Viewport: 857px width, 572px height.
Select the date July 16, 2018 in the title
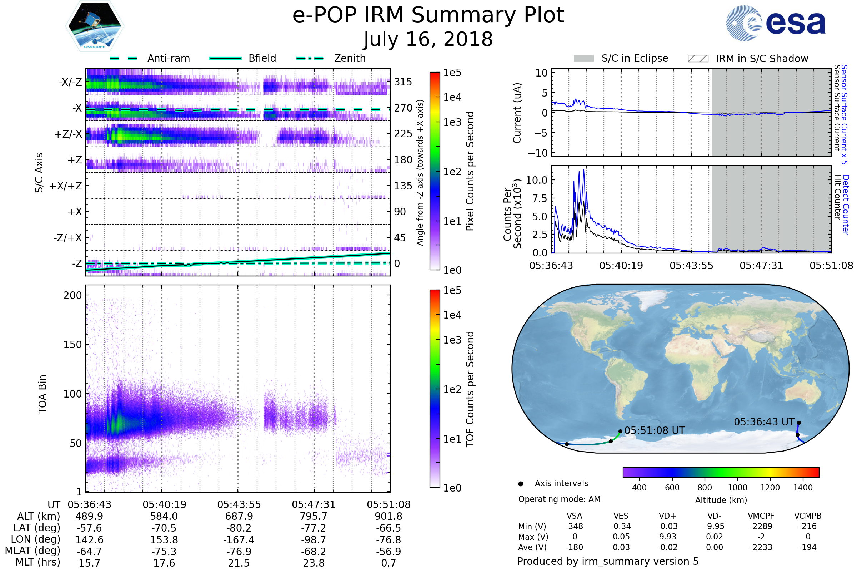point(428,39)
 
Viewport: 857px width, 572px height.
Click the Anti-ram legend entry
point(168,58)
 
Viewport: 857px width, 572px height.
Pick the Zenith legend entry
point(350,58)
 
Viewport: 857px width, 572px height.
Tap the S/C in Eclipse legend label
point(635,58)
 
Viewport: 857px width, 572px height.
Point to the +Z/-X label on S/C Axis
point(68,134)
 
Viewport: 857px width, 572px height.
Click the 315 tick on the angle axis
point(403,82)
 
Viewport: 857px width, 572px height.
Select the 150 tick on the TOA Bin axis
point(72,345)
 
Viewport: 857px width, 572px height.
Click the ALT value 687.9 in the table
point(239,517)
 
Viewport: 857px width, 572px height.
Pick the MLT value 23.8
point(314,563)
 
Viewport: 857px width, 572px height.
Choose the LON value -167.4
point(239,539)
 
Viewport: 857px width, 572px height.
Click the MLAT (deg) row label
point(32,551)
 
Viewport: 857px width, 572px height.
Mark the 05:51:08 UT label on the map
point(655,431)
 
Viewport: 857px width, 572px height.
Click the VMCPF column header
point(761,516)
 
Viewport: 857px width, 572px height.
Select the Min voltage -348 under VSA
point(574,526)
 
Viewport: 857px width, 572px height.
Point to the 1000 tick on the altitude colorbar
point(737,488)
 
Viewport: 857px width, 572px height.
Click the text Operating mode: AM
point(559,499)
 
